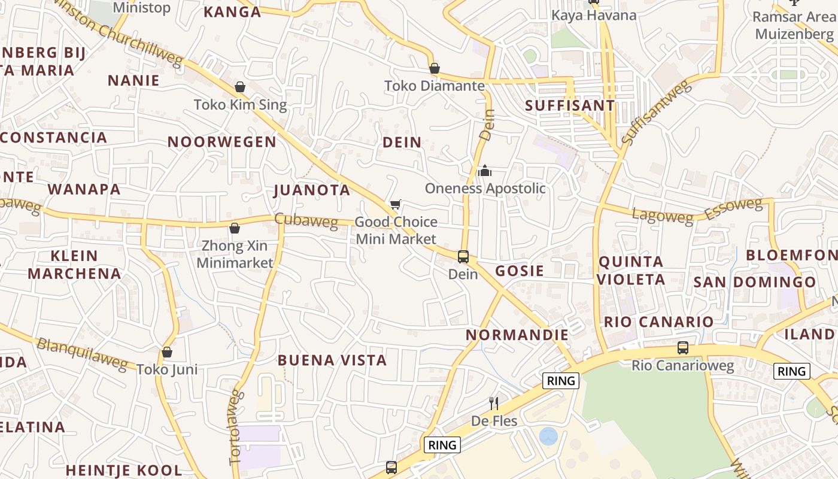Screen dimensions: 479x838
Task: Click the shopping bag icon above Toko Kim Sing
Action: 240,87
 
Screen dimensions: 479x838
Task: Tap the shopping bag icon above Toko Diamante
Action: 435,69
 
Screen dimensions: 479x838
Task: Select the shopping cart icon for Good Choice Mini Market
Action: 395,205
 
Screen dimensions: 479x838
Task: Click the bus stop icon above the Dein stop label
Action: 463,257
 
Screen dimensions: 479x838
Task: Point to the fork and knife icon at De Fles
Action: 494,403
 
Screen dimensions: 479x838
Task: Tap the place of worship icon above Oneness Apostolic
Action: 485,171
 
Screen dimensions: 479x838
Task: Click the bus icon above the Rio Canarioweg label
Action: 682,347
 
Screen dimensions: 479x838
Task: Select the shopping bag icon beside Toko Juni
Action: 167,352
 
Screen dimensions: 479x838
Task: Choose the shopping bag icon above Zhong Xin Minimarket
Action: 235,228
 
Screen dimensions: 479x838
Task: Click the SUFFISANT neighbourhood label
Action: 570,106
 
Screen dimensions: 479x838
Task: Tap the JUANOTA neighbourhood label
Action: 312,190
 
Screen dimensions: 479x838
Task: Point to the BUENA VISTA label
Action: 332,360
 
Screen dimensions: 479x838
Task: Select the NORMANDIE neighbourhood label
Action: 517,335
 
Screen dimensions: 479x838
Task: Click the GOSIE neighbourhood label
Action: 520,271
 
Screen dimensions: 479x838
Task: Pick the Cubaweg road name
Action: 306,220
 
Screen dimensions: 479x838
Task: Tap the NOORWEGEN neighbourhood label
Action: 222,142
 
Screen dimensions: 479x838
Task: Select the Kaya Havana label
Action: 594,15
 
